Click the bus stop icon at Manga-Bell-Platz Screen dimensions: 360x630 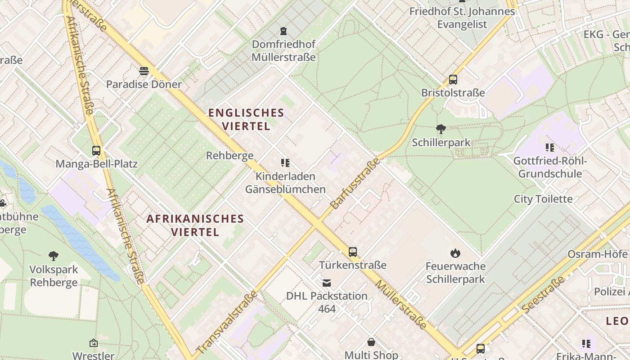[x=96, y=151]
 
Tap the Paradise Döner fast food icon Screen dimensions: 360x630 [x=144, y=71]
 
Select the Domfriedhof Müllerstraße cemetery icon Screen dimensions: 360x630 [x=283, y=31]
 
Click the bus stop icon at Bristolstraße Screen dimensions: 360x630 [x=453, y=80]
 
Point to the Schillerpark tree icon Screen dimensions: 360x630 [x=441, y=129]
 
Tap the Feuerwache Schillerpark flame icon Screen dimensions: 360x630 [x=455, y=253]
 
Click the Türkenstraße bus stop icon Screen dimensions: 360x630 [x=353, y=252]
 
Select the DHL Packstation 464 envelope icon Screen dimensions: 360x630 [x=327, y=283]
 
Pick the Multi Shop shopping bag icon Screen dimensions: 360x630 [x=371, y=342]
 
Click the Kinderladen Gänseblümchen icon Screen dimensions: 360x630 [x=285, y=163]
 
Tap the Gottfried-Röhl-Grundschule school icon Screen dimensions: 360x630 [x=549, y=148]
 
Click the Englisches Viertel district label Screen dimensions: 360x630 [x=246, y=119]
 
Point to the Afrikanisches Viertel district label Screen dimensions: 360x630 [x=195, y=225]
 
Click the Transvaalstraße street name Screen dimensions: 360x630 [x=228, y=322]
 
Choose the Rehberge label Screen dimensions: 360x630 [x=229, y=156]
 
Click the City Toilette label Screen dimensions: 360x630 [x=543, y=199]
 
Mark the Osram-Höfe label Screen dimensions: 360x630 [x=598, y=254]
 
